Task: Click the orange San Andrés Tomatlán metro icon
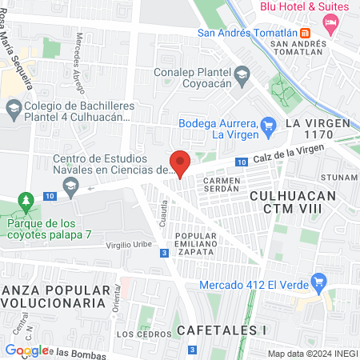pyautogui.click(x=305, y=34)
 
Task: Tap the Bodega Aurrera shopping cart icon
pyautogui.click(x=269, y=124)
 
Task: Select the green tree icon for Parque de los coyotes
pyautogui.click(x=26, y=199)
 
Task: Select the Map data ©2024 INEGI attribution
pyautogui.click(x=310, y=354)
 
